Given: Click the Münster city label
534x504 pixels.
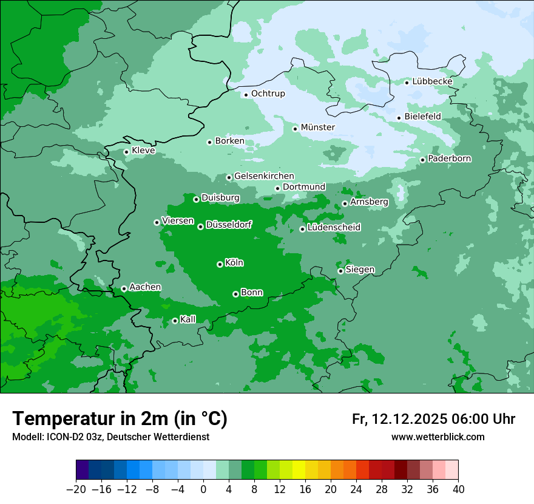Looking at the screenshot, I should point(317,128).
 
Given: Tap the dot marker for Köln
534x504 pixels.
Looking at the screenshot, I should point(220,264).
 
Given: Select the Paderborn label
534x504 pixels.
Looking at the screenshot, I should point(449,159).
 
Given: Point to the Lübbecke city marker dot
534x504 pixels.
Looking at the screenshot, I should point(407,83).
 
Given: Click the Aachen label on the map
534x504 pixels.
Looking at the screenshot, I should point(145,287).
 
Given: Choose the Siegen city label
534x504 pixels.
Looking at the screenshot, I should point(360,270).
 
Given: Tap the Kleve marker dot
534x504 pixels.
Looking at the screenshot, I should point(126,152).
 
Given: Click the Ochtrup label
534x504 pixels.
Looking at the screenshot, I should point(268,94).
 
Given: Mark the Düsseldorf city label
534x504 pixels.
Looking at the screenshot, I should point(228,225).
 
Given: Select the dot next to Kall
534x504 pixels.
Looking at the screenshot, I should point(175,321).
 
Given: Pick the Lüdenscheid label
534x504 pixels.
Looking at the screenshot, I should point(334,228).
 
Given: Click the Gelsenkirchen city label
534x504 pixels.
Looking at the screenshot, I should point(264,176).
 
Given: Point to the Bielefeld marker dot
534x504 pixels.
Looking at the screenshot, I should point(399,118).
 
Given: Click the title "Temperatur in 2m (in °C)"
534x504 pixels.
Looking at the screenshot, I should point(120,419).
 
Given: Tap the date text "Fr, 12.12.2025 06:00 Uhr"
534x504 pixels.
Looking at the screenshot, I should point(433,419).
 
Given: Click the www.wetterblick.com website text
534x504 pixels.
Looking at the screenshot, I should point(438,437).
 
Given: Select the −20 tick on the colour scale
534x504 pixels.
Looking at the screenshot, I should point(76,489).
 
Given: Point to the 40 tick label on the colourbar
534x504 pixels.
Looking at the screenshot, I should point(458,489).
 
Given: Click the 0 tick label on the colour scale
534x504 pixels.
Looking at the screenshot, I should point(203,489).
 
